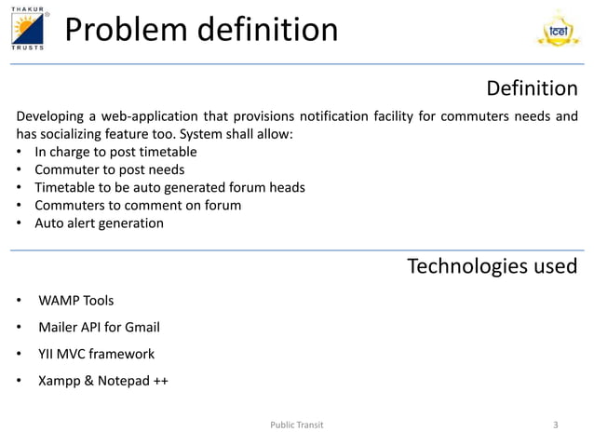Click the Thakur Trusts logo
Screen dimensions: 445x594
point(28,29)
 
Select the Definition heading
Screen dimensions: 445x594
point(532,88)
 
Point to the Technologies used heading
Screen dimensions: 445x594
point(493,267)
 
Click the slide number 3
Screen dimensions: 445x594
point(555,425)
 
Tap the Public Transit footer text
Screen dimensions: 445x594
point(297,425)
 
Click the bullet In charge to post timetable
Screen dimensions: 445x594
point(115,152)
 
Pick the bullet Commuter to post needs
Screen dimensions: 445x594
point(109,169)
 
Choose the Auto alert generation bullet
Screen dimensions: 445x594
point(99,223)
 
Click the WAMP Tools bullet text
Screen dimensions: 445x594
point(76,301)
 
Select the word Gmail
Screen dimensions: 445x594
point(142,328)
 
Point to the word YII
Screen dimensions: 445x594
point(46,355)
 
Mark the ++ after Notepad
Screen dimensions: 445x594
point(160,381)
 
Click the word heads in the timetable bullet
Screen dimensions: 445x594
point(287,187)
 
